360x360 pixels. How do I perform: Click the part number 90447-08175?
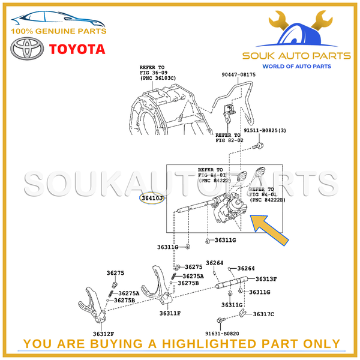238,75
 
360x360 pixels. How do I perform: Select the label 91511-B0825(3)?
260,130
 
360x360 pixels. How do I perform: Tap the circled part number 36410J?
152,197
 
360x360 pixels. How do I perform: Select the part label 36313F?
266,279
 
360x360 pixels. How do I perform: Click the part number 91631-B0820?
222,333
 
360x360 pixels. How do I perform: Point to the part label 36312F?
103,333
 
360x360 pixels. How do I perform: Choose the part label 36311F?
170,313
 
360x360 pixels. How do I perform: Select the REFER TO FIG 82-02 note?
228,138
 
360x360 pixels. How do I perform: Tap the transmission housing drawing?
165,108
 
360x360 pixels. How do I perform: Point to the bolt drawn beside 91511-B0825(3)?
257,145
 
